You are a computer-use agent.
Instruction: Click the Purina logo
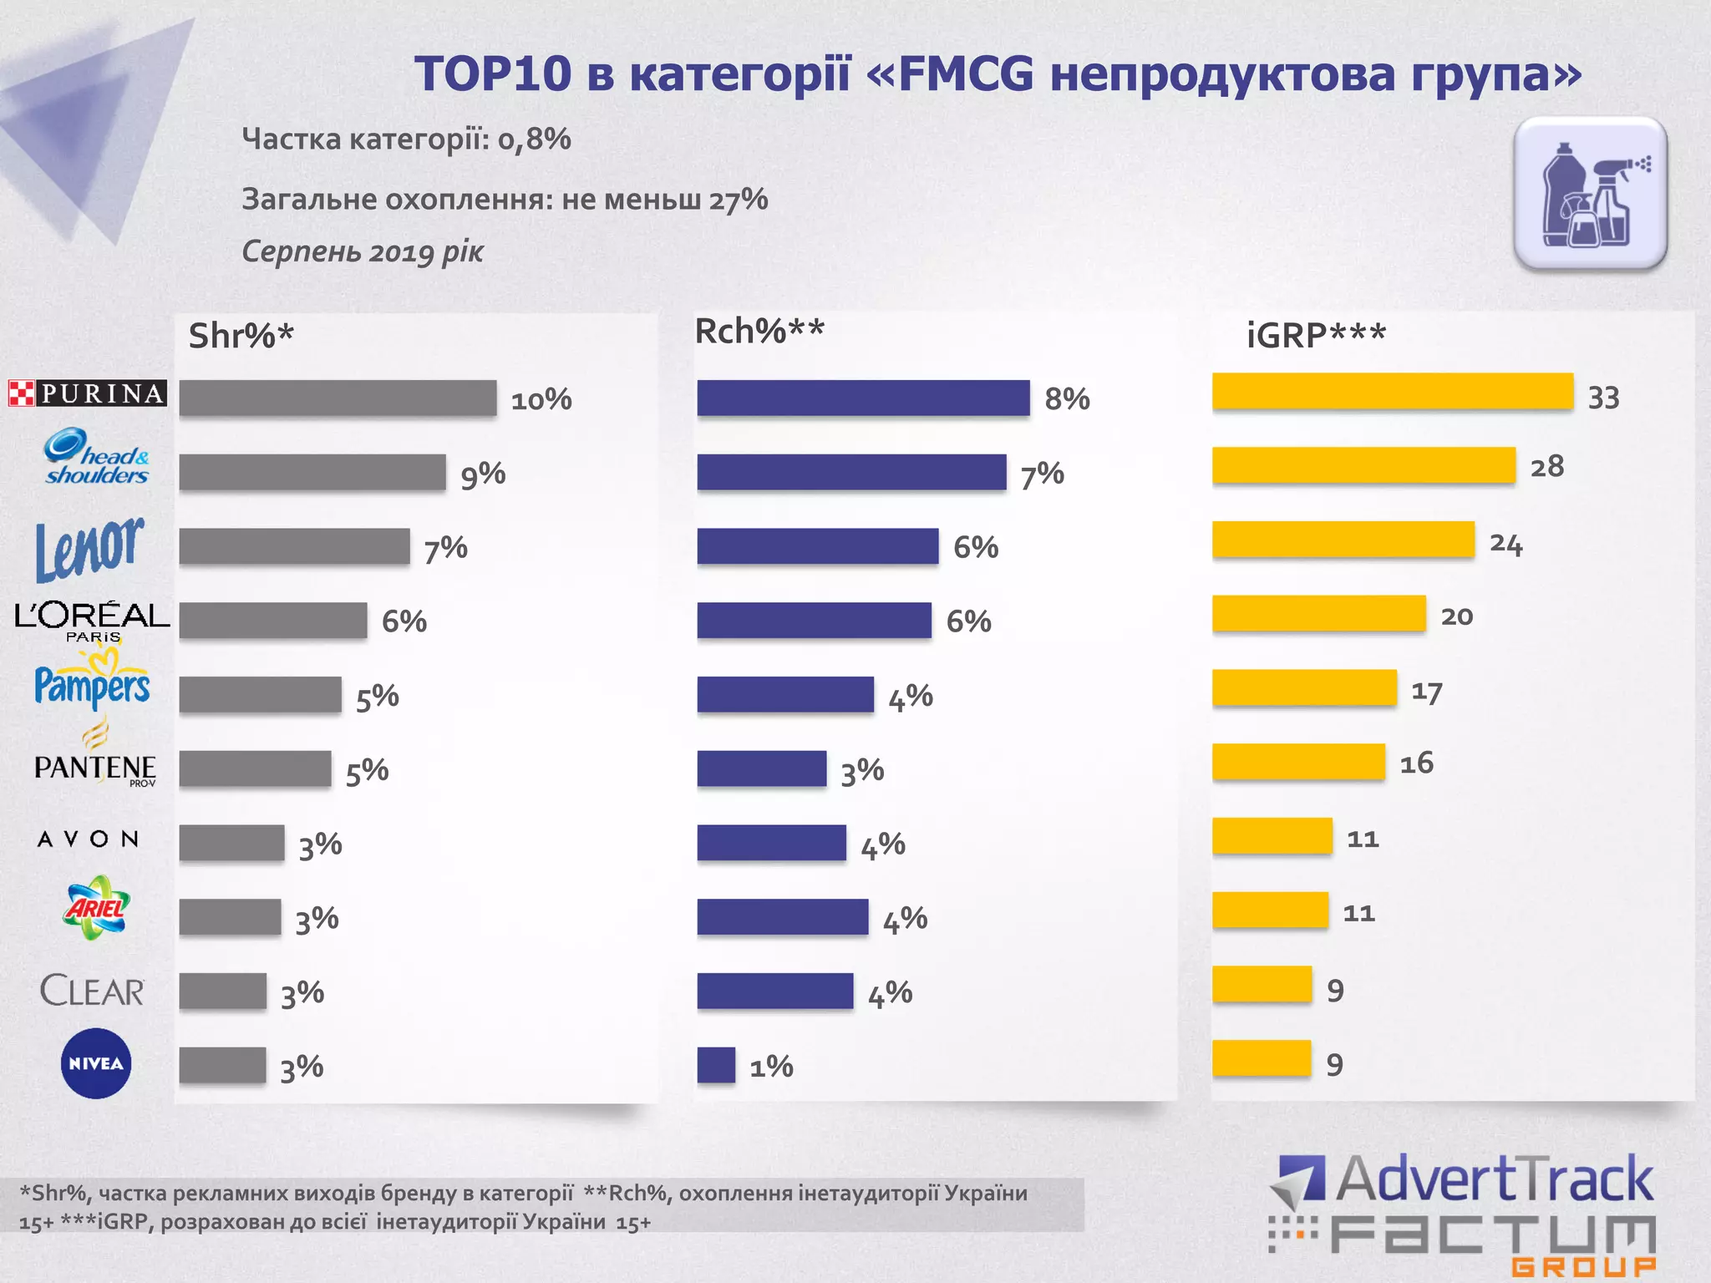click(x=88, y=393)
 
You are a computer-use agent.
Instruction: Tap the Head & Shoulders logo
click(x=96, y=457)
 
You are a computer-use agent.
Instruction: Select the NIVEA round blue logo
click(x=96, y=1063)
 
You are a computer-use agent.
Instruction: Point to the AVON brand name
click(x=88, y=839)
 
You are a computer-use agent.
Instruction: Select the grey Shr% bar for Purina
click(x=338, y=398)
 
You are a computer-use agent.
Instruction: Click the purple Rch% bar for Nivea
click(x=716, y=1065)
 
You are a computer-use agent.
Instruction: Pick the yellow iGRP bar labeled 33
click(x=1392, y=391)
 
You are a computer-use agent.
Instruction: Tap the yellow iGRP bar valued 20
click(x=1318, y=614)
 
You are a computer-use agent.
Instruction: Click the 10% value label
click(x=541, y=399)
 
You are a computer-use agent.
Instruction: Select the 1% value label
click(x=771, y=1067)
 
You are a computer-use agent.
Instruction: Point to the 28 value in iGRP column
click(x=1546, y=466)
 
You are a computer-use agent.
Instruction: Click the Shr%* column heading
click(x=241, y=336)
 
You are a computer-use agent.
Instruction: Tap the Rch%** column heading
click(x=759, y=332)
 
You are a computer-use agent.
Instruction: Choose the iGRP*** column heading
click(x=1315, y=336)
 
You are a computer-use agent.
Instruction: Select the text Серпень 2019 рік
click(x=363, y=251)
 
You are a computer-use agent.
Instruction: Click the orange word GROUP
click(x=1583, y=1267)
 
